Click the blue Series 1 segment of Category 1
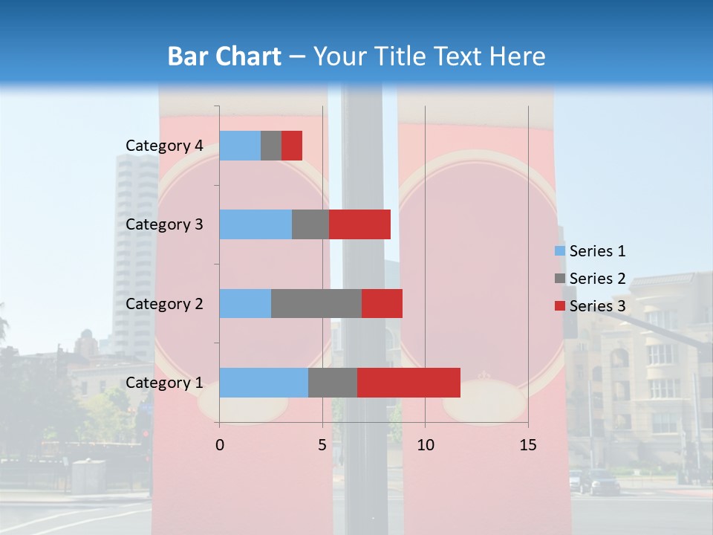(x=264, y=383)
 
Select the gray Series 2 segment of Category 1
(x=333, y=383)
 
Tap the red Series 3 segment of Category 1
(x=408, y=383)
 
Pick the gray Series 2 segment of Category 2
(x=316, y=303)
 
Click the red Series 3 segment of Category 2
(x=382, y=303)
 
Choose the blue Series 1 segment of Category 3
(x=255, y=224)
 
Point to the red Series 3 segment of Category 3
(x=359, y=224)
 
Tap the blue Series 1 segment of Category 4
(x=240, y=146)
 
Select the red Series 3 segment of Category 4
(x=292, y=146)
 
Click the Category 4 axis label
(x=164, y=146)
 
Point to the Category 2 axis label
(x=164, y=303)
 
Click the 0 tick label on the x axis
(x=220, y=445)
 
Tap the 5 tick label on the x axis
(x=322, y=445)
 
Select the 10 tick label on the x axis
(x=425, y=445)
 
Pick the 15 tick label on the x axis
(x=528, y=445)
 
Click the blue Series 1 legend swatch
(x=559, y=251)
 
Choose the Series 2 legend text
(x=598, y=279)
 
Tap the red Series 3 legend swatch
(x=559, y=305)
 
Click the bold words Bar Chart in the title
(x=224, y=56)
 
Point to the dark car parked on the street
(x=604, y=482)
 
